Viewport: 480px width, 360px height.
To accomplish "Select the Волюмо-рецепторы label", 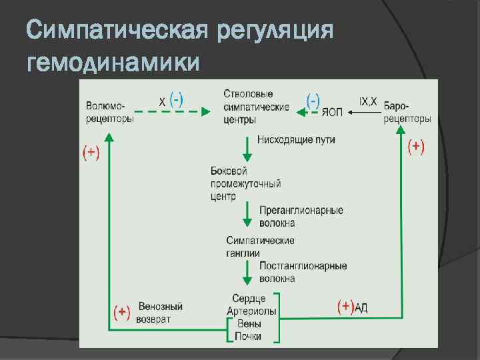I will pos(109,113).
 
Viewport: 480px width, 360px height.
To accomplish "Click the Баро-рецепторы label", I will pos(407,113).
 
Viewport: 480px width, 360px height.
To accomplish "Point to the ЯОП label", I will pos(332,113).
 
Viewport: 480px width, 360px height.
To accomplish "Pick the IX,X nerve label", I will pos(368,101).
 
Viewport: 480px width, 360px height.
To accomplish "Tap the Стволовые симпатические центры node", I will pos(256,107).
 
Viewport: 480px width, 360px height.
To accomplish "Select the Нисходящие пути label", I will pos(296,140).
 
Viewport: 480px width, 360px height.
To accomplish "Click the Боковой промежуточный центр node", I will pos(245,183).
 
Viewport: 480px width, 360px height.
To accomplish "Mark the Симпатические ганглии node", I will pos(260,246).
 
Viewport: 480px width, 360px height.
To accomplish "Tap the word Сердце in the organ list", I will pos(249,299).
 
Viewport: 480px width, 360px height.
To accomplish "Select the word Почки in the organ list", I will pos(248,336).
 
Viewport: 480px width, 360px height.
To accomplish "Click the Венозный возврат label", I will pos(160,313).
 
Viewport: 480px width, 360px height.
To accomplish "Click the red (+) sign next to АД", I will pos(345,307).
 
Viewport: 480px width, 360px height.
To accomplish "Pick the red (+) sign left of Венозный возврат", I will pos(121,312).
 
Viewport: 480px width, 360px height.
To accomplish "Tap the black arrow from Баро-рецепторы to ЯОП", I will pos(364,113).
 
